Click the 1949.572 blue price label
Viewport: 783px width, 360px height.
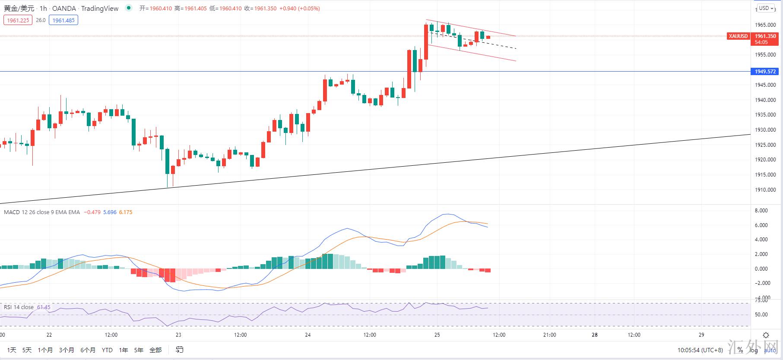coord(765,72)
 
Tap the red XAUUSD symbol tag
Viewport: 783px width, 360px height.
coord(738,36)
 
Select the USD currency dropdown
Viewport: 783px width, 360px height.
coord(767,8)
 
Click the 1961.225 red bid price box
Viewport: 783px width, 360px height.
coord(18,20)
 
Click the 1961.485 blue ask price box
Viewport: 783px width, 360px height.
coord(63,20)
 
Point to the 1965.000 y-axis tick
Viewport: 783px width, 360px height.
coord(765,25)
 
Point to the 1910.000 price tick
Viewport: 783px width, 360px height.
coord(765,190)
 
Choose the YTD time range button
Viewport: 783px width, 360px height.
coord(107,350)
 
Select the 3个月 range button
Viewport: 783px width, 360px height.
coord(67,350)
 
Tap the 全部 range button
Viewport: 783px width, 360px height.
coord(155,350)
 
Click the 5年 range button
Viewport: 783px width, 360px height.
coord(139,350)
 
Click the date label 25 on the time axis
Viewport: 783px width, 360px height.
coord(437,335)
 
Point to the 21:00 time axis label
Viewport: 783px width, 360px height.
coord(549,335)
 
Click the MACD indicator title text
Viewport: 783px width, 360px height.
coord(41,212)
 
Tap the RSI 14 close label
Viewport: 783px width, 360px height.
coord(19,307)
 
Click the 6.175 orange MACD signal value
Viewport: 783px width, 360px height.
coord(126,212)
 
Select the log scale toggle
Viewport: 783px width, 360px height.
coord(754,350)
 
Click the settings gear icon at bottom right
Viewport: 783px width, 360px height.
coord(766,335)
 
